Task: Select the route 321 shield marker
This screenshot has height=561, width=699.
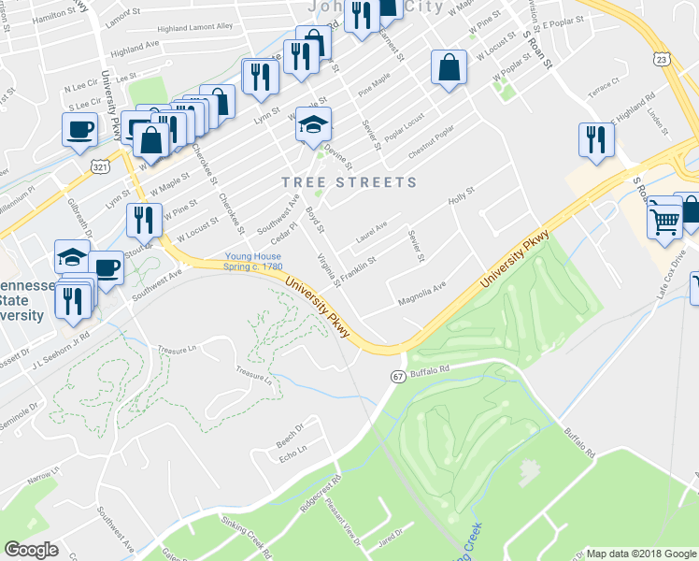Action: pos(100,165)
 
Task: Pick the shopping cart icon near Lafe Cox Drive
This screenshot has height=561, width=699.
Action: pos(664,220)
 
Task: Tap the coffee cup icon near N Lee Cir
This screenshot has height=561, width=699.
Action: pos(79,128)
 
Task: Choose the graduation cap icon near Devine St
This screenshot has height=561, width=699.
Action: pos(314,123)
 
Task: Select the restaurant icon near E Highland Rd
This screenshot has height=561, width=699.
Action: pos(596,140)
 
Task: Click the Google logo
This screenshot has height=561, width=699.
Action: pos(31,550)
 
